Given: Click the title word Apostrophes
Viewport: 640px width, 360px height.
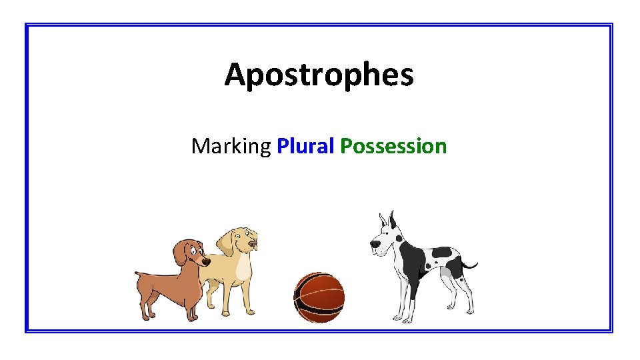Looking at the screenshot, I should [x=319, y=75].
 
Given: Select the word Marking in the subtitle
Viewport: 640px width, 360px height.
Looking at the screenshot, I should [x=231, y=146].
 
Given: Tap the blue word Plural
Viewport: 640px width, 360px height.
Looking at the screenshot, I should [x=305, y=146].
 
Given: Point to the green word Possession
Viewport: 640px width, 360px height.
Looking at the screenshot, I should [x=393, y=146].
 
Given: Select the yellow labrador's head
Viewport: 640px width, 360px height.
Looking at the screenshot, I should [x=240, y=240].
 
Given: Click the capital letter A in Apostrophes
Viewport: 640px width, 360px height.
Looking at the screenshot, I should [x=235, y=75].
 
